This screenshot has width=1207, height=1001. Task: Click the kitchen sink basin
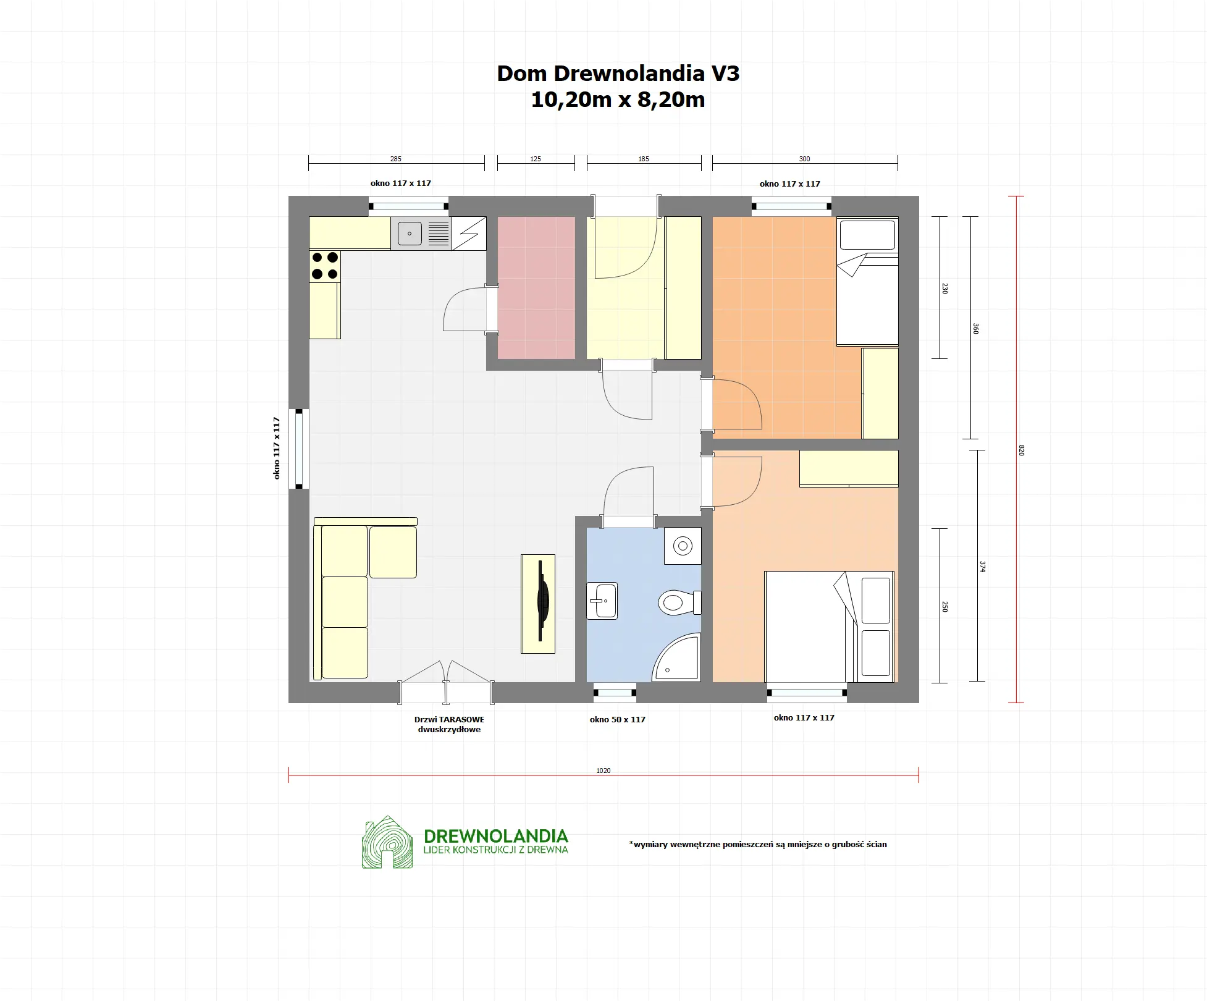pyautogui.click(x=409, y=234)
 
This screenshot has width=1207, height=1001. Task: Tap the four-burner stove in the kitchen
pyautogui.click(x=325, y=266)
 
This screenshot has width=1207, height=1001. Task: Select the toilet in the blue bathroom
pyautogui.click(x=678, y=602)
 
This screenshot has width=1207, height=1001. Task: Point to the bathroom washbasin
pyautogui.click(x=602, y=601)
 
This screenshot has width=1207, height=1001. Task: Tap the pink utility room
pyautogui.click(x=536, y=287)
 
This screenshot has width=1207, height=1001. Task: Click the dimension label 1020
pyautogui.click(x=603, y=771)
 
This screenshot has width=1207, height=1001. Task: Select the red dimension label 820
pyautogui.click(x=1021, y=450)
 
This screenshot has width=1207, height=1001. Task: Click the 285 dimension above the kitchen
pyautogui.click(x=395, y=159)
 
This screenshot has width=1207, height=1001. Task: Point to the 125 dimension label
pyautogui.click(x=536, y=159)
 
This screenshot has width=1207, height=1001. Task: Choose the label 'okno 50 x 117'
pyautogui.click(x=617, y=719)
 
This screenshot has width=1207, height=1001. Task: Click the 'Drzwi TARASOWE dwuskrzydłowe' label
pyautogui.click(x=449, y=724)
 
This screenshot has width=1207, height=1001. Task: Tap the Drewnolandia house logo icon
pyautogui.click(x=387, y=842)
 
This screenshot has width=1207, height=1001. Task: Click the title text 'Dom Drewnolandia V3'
pyautogui.click(x=618, y=74)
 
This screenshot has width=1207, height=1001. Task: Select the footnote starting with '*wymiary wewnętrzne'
pyautogui.click(x=758, y=844)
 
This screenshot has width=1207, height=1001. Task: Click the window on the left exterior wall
pyautogui.click(x=299, y=448)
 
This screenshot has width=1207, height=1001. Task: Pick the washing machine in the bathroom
pyautogui.click(x=683, y=546)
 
